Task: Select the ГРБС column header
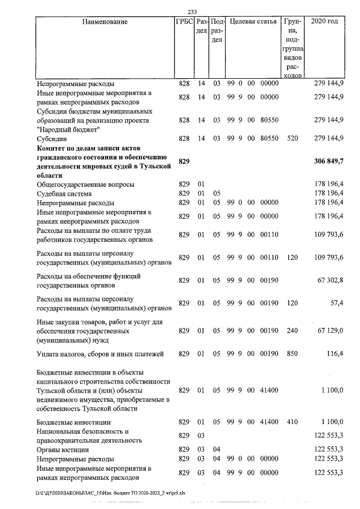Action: click(x=184, y=22)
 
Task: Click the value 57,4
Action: click(x=336, y=304)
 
